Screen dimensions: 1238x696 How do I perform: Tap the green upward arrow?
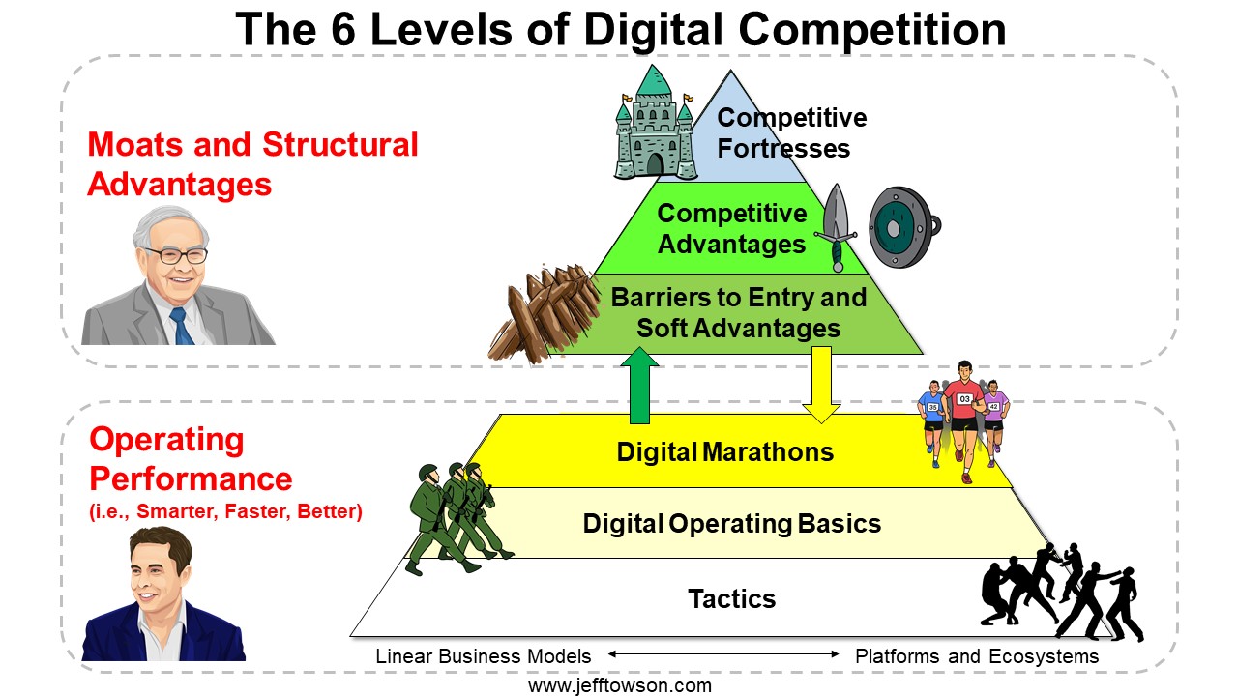click(639, 386)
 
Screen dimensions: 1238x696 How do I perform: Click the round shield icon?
click(903, 227)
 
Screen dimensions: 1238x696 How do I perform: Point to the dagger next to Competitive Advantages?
click(836, 227)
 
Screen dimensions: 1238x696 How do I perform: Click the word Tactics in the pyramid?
click(732, 598)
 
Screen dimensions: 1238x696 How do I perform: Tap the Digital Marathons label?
click(725, 451)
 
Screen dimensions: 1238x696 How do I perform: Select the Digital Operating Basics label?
click(732, 524)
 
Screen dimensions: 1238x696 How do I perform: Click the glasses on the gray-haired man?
click(176, 255)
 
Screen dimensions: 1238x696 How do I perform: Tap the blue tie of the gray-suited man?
click(182, 326)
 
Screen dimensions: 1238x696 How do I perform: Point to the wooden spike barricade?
click(544, 314)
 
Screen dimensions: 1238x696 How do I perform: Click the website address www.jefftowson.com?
click(620, 686)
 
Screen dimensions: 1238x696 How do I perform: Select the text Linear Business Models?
click(483, 656)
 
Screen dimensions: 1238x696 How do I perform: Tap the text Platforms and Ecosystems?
click(977, 656)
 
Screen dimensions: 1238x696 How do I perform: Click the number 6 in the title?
click(343, 29)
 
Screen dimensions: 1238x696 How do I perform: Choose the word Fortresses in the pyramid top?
click(783, 149)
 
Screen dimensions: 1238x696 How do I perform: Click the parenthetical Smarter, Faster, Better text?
click(225, 511)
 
